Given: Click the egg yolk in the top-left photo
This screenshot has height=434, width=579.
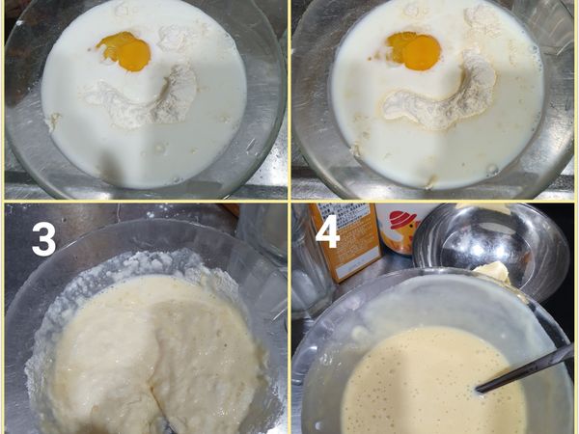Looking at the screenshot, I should [x=124, y=50].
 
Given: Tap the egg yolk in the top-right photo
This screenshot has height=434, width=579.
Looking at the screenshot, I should [x=414, y=50].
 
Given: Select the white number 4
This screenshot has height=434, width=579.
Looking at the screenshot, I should [x=328, y=232].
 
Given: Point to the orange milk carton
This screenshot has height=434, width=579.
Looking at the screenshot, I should [x=347, y=242].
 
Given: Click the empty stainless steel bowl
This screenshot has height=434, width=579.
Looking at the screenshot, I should [x=487, y=246].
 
